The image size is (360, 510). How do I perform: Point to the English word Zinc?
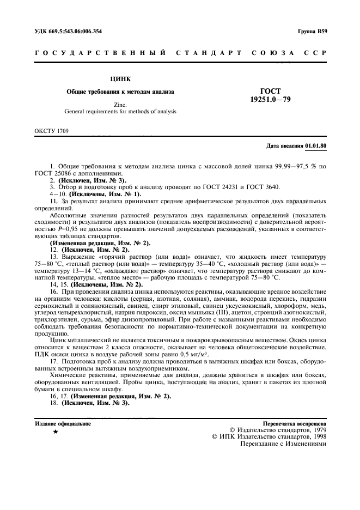coord(120,104)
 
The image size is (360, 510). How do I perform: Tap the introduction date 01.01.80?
coord(316,146)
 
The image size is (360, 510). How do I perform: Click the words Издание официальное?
coord(63,423)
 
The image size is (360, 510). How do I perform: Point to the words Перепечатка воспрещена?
coord(294,423)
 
